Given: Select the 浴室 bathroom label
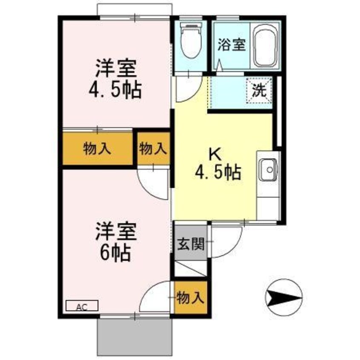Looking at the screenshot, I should click(x=232, y=45).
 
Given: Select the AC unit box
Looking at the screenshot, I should click(x=82, y=306).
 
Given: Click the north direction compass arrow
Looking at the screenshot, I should click(x=283, y=297).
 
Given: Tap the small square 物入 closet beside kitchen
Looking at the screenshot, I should click(x=153, y=149).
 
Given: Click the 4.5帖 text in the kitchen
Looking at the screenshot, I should click(x=218, y=172).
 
